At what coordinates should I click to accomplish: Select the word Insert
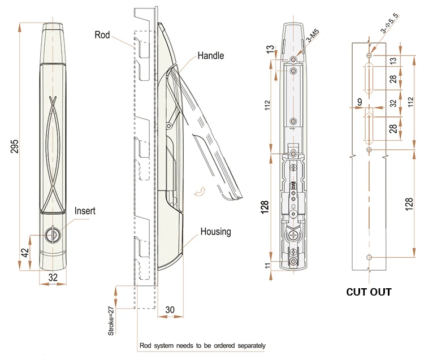point(85,211)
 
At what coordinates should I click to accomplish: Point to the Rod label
point(102,35)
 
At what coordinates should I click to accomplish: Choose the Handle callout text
point(210,55)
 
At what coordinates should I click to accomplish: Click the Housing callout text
point(215,232)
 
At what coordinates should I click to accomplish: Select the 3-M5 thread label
point(312,37)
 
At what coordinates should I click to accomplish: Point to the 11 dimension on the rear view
point(267,265)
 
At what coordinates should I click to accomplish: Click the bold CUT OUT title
point(369,292)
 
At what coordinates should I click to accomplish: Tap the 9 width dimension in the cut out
point(360,102)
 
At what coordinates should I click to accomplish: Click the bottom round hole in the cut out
point(369,257)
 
